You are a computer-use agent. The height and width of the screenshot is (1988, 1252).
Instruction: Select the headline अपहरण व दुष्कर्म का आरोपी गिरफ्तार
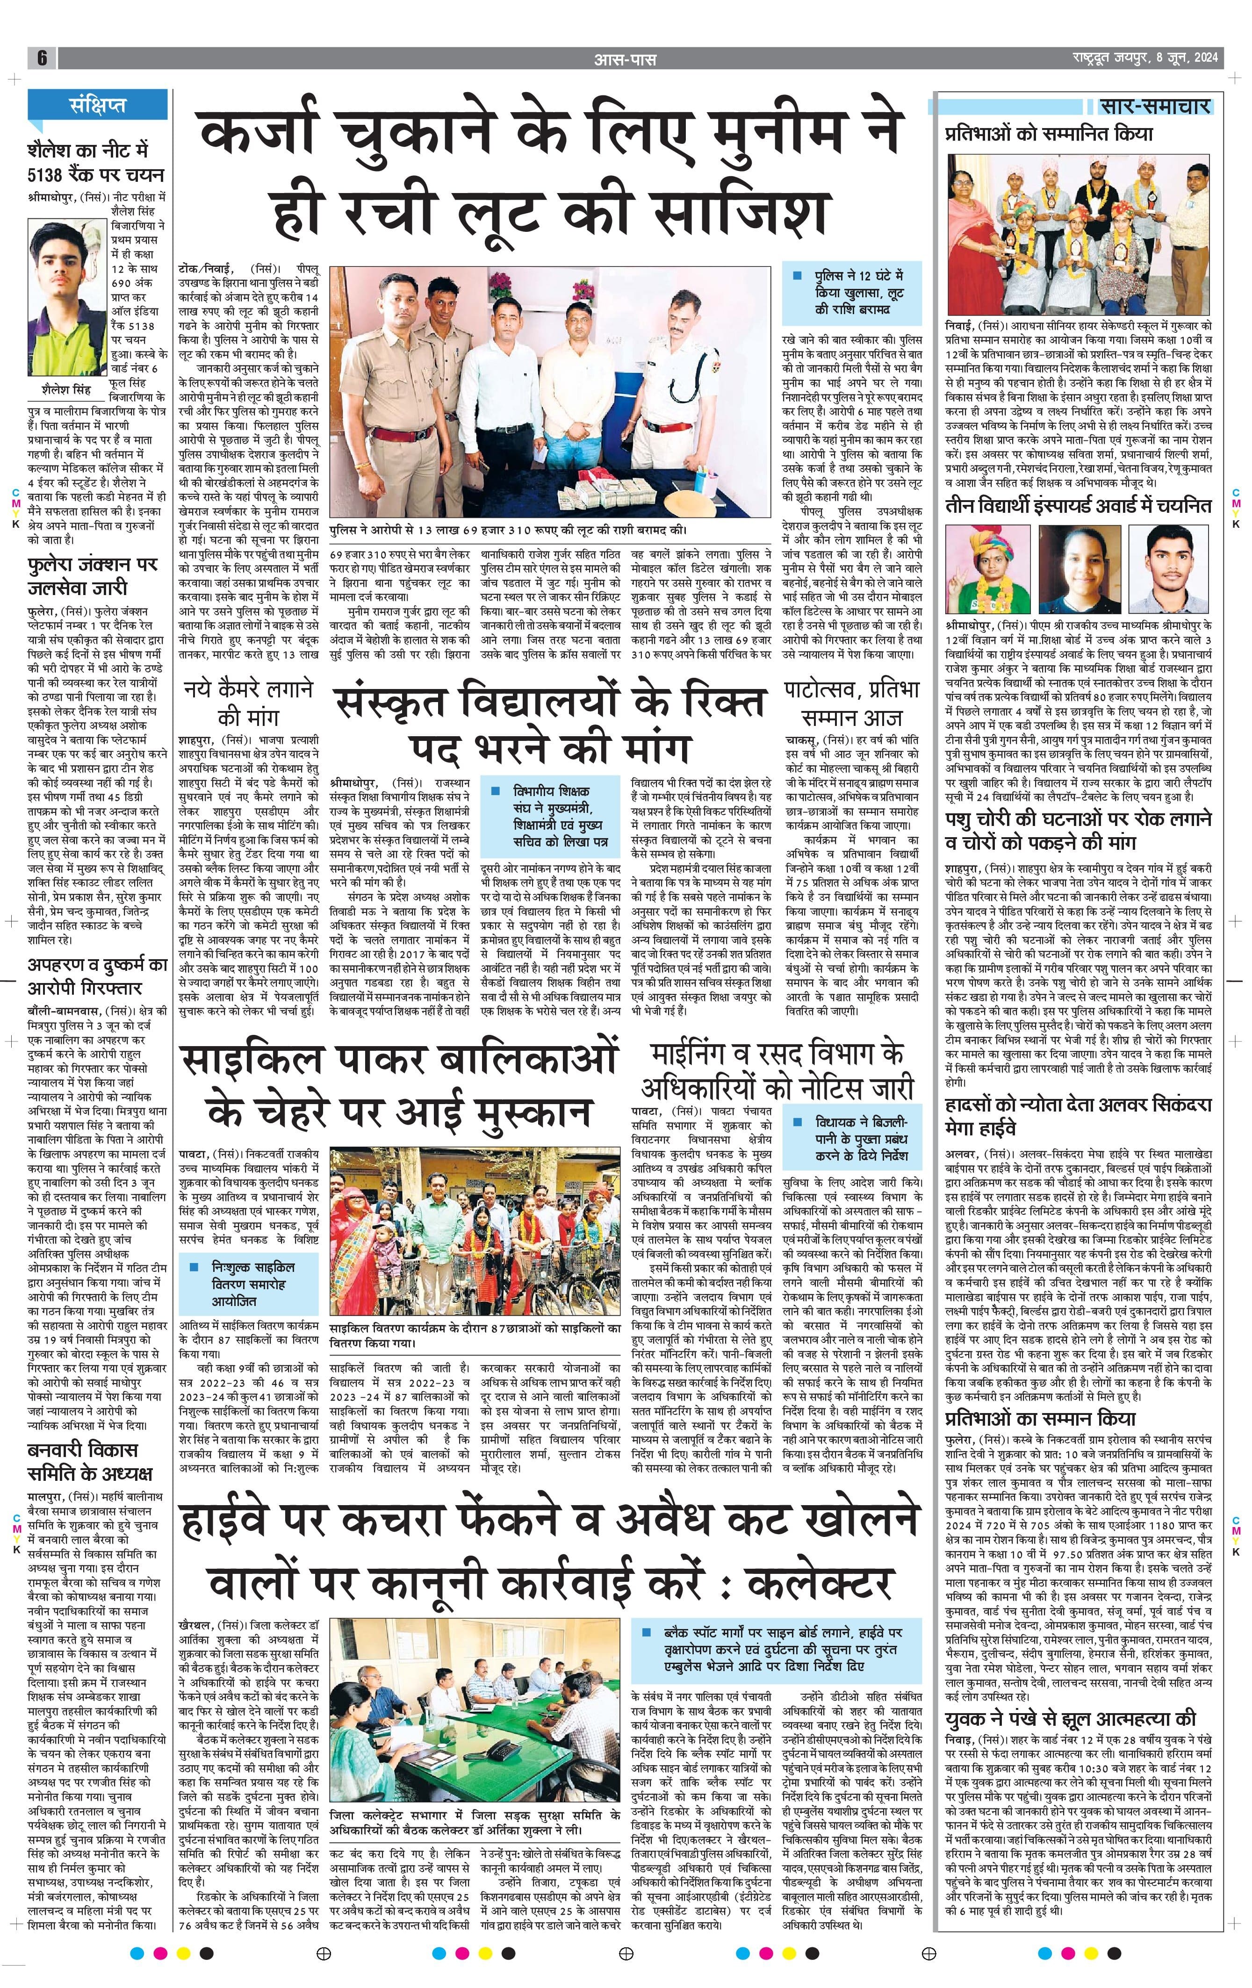[86, 976]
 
